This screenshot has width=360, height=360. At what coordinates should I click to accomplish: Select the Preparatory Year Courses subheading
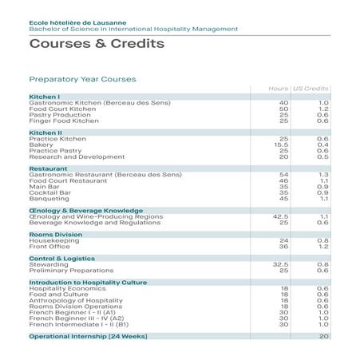82,79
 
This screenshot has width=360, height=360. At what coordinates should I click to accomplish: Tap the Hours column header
279,87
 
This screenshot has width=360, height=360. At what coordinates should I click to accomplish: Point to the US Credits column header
311,87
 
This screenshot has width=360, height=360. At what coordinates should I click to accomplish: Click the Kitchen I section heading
45,97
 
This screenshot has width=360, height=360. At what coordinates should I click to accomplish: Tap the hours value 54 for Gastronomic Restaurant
283,174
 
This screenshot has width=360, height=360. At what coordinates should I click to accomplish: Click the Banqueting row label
46,198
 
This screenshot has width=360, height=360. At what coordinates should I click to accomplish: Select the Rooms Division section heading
57,234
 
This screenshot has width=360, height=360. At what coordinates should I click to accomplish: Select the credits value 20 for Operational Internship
324,336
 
